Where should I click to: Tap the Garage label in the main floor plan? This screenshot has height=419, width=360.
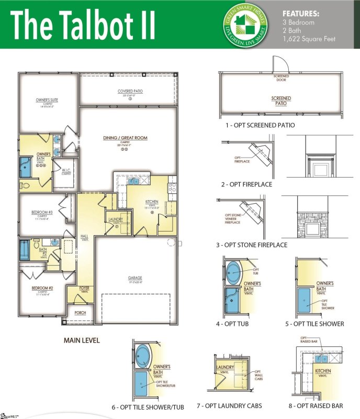[135, 278]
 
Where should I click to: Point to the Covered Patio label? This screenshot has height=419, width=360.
[130, 91]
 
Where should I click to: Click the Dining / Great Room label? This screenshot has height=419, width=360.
[125, 138]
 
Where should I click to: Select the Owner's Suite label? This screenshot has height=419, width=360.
[48, 100]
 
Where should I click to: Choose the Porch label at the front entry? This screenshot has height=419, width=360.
[80, 313]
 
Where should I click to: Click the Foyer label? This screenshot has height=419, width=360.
[84, 288]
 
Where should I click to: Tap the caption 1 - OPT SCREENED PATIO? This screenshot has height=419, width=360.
[260, 125]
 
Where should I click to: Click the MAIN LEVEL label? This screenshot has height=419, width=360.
[82, 340]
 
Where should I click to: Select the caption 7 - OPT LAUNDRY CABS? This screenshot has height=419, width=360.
[236, 405]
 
